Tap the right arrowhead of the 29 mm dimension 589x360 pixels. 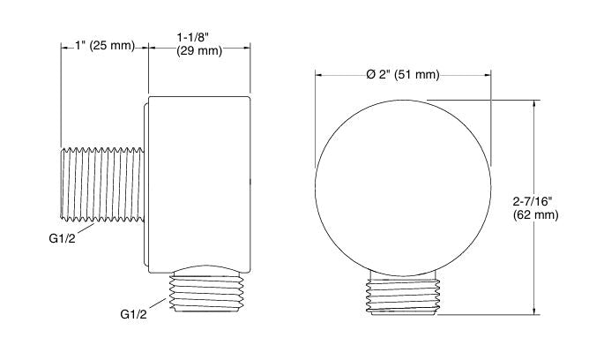point(251,46)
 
